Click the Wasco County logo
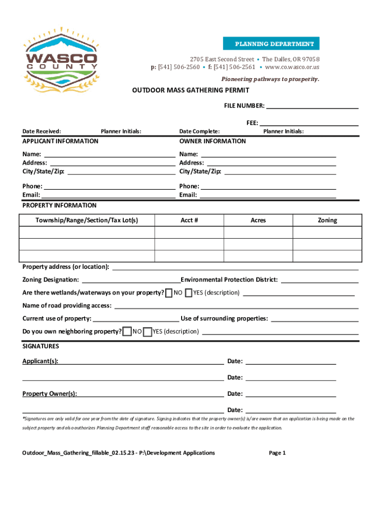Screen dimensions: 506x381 pyautogui.click(x=61, y=58)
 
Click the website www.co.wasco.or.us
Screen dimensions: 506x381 pyautogui.click(x=292, y=67)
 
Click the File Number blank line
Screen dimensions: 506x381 pyautogui.click(x=312, y=107)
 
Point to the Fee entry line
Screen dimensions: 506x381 pyautogui.click(x=309, y=124)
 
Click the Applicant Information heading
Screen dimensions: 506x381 pyautogui.click(x=60, y=141)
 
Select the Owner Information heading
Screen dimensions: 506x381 pyautogui.click(x=212, y=141)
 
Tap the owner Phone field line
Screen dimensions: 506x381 pyautogui.click(x=268, y=187)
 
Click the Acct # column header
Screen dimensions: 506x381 pyautogui.click(x=189, y=220)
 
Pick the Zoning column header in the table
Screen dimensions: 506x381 pyautogui.click(x=327, y=220)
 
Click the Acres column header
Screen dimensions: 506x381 pyautogui.click(x=258, y=220)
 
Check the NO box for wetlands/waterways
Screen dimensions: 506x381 pyautogui.click(x=169, y=293)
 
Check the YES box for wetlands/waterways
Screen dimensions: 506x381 pyautogui.click(x=189, y=293)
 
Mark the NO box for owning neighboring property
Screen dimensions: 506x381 pyautogui.click(x=127, y=332)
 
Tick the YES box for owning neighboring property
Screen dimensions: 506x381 pyautogui.click(x=147, y=332)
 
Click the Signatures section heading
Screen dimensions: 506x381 pyautogui.click(x=41, y=346)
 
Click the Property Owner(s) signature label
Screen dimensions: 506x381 pyautogui.click(x=49, y=394)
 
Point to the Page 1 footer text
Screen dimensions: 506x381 pyautogui.click(x=277, y=453)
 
